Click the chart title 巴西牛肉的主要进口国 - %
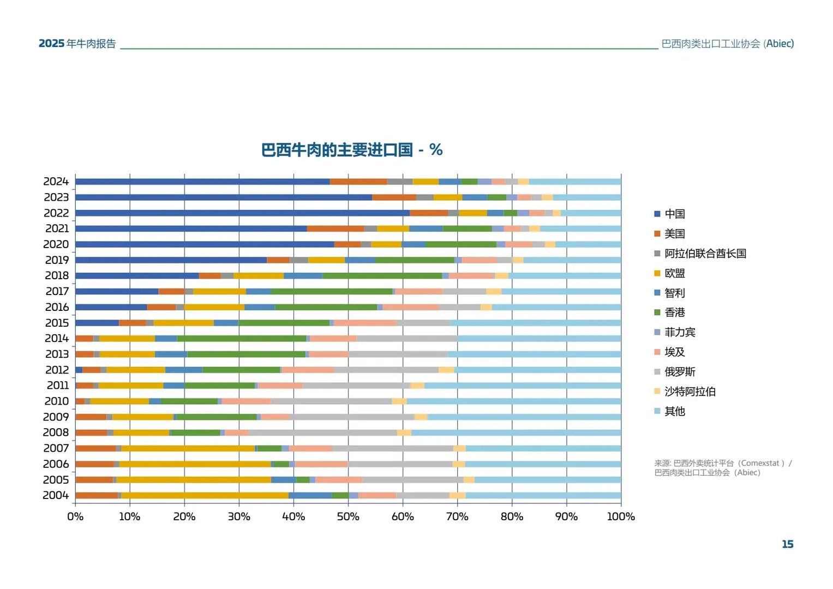[x=352, y=150]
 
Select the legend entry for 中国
[x=674, y=214]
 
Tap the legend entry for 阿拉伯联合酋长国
[x=705, y=254]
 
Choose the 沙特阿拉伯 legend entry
[x=690, y=392]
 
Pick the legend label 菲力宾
[x=680, y=332]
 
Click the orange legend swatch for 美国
[x=657, y=234]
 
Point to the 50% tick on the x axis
[x=348, y=516]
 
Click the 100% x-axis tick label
[x=621, y=516]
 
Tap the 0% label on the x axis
[x=75, y=516]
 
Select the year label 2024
[x=56, y=181]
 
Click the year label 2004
[x=56, y=495]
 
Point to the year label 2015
[x=57, y=323]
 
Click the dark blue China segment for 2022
[x=242, y=213]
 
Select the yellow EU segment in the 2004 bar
[x=205, y=495]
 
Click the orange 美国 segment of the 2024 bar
[x=358, y=182]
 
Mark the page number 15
[x=787, y=544]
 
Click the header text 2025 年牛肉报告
[x=77, y=44]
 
